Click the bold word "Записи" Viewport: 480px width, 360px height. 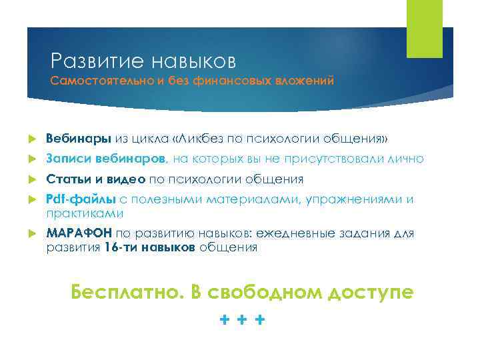click(x=65, y=159)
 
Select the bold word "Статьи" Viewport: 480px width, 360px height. click(x=66, y=179)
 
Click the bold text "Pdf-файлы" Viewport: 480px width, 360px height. click(x=81, y=199)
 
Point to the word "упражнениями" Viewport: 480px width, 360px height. click(x=361, y=199)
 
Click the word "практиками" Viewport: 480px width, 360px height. click(x=85, y=213)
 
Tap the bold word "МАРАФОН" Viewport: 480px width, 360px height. click(x=79, y=234)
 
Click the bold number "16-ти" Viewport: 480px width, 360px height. click(x=120, y=248)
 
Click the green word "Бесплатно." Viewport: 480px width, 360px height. click(x=126, y=291)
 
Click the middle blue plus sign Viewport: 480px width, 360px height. click(x=242, y=320)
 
